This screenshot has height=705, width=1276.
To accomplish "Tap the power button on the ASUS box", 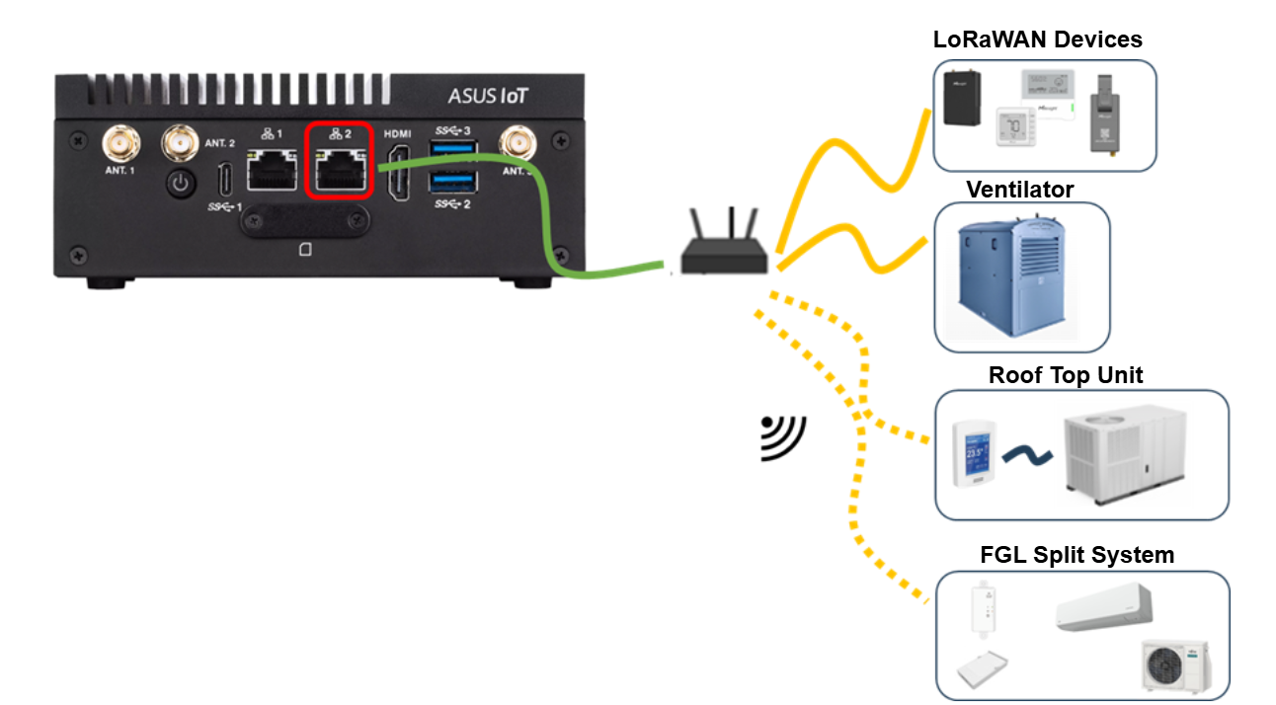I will click(x=179, y=184).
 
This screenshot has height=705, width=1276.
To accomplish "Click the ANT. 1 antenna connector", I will click(x=121, y=144).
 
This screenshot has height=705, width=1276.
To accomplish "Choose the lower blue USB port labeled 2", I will click(x=453, y=182).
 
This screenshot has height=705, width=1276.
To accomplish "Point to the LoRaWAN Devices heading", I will click(x=1037, y=39).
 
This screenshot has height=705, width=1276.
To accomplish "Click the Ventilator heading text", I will click(x=1020, y=189).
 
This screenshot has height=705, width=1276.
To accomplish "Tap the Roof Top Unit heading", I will click(x=1066, y=376).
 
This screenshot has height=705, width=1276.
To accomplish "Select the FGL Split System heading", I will click(x=1076, y=555).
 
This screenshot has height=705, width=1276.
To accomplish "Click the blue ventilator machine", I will click(x=1018, y=278).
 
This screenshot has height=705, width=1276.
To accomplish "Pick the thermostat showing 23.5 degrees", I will click(x=975, y=453).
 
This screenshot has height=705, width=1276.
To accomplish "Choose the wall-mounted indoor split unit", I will click(x=1103, y=607).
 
